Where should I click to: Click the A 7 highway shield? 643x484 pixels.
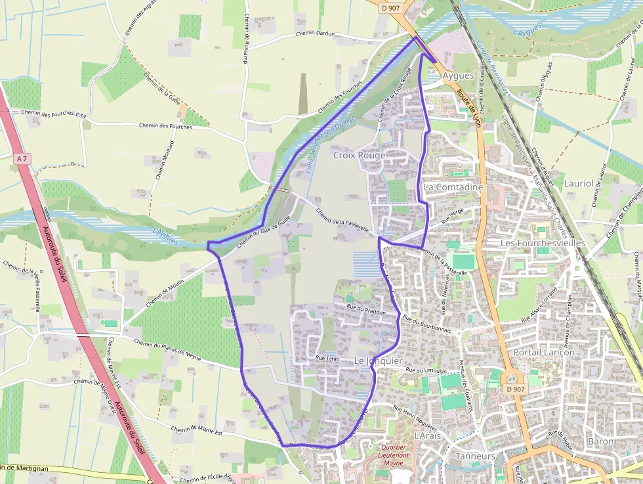22,158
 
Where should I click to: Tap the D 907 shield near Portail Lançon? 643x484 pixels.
516,389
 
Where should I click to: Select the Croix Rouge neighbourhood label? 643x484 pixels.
359,156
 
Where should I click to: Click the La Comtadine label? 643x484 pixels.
453,187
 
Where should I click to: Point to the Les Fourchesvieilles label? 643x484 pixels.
543,243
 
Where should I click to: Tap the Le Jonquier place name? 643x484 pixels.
378,361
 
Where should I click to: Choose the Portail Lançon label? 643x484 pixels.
545,352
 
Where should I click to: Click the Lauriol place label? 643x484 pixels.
578,184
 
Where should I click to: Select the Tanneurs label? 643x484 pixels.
475,456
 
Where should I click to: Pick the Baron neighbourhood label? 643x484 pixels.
601,441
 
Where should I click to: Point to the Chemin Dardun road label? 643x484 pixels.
315,33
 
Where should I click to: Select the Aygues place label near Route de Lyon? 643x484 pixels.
458,76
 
